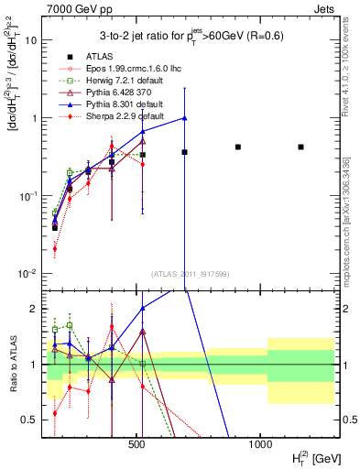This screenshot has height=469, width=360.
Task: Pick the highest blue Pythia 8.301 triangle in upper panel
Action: click(x=185, y=117)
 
